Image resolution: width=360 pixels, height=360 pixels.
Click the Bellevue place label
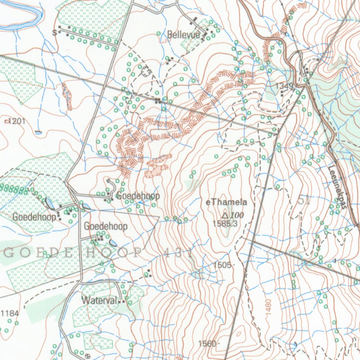(184, 35)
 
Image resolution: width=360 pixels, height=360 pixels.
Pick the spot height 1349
(284, 86)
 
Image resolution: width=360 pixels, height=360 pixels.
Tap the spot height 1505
(222, 265)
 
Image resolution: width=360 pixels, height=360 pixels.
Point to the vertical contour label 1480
(269, 306)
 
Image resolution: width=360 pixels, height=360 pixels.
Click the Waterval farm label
(99, 301)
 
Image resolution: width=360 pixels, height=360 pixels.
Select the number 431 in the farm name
(177, 253)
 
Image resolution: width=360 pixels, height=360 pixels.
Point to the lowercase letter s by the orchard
(54, 33)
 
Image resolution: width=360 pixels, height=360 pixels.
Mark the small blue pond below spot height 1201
(38, 133)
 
